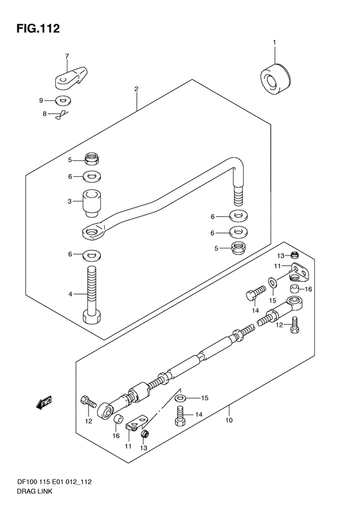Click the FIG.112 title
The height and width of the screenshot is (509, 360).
click(39, 28)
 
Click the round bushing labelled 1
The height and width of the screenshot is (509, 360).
click(275, 80)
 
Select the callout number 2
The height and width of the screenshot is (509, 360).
click(136, 89)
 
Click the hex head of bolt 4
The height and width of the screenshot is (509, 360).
click(93, 316)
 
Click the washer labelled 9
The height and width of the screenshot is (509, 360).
click(63, 100)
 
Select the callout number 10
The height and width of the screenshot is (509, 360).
click(229, 420)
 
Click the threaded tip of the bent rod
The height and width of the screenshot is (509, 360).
click(239, 196)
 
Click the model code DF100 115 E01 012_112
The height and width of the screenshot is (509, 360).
click(54, 482)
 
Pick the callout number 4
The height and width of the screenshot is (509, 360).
click(70, 295)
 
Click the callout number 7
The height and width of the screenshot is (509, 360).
click(67, 56)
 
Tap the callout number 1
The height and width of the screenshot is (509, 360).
click(274, 42)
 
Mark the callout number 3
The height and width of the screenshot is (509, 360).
click(69, 201)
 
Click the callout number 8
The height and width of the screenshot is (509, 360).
click(45, 114)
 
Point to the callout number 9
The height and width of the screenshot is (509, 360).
click(41, 100)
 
